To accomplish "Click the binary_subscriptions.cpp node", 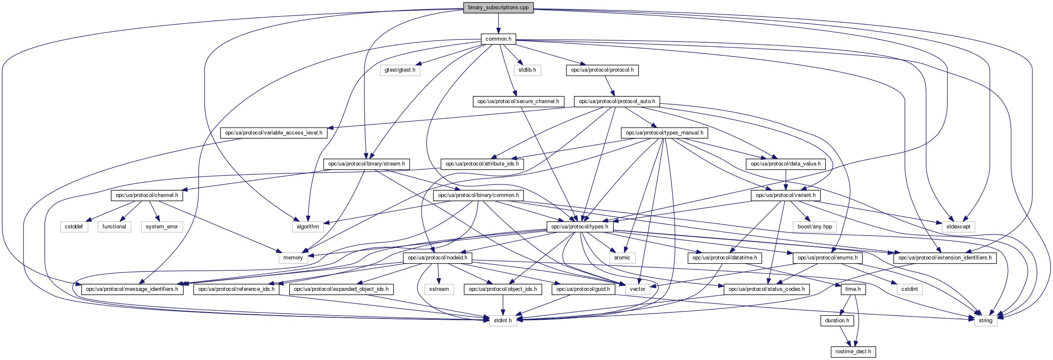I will pos(498,8).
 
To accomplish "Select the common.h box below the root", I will pos(498,39).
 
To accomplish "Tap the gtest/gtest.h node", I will pos(400,70).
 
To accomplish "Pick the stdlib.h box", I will pos(527,70).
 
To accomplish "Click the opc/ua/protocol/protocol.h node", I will pos(602,70).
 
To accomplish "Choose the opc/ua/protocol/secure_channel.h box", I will pos(518,101).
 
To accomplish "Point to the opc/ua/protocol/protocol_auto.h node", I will pos(617,101).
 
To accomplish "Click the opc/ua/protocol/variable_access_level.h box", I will pos(273,133).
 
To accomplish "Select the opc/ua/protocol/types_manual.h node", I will pos(664,133).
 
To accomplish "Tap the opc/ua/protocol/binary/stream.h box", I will pos(366,164).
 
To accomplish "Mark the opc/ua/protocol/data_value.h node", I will pos(785,164).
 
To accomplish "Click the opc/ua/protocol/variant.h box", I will pos(785,195).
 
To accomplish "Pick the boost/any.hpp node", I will pos(814,227).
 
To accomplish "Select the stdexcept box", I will pos(958,227).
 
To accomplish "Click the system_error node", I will pos(162,227).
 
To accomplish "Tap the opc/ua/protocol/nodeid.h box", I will pos(437,258).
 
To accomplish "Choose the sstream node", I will pos(439,289).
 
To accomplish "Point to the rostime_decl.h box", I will pos(853,352).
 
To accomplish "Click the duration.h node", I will pos(837,321).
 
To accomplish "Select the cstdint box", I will pos(909,289).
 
